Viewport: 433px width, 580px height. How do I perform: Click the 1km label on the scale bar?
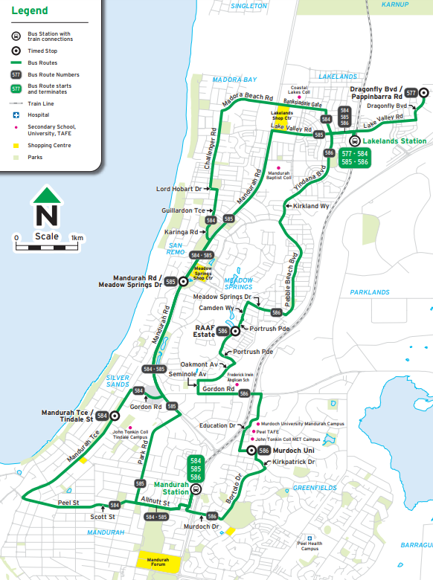point(77,238)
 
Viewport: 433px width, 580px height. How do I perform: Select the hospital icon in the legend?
point(16,115)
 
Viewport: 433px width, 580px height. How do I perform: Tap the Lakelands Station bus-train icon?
point(355,141)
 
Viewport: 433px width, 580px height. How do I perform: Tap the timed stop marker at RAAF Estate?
point(235,330)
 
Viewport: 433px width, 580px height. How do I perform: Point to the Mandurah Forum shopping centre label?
point(158,562)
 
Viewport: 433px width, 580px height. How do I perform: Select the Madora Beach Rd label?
point(248,97)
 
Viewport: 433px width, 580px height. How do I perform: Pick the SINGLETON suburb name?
point(249,6)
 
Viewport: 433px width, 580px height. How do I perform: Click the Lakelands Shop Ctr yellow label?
point(282,116)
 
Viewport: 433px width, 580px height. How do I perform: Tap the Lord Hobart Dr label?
point(179,189)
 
